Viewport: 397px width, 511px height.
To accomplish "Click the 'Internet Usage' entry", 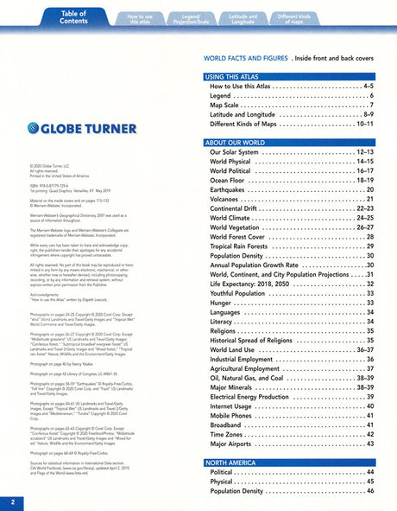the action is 237,406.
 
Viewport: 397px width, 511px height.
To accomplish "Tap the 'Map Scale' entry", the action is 229,105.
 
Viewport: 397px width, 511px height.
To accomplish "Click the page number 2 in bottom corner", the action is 12,501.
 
